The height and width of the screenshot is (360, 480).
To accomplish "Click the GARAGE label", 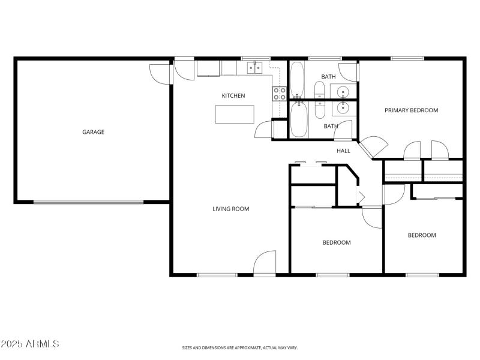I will click(x=93, y=132).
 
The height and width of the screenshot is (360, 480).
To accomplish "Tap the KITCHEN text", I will click(x=233, y=96).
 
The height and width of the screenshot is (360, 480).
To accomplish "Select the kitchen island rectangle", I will click(x=235, y=114).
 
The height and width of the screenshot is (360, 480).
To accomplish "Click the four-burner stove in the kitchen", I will click(x=279, y=93).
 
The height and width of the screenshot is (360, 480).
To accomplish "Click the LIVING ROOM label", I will click(x=230, y=209).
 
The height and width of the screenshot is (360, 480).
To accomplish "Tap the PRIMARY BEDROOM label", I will click(x=411, y=110).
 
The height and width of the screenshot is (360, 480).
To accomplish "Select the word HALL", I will click(x=343, y=151).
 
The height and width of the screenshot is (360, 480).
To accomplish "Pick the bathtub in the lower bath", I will click(x=299, y=120).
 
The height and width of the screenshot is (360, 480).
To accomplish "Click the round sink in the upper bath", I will click(x=342, y=92).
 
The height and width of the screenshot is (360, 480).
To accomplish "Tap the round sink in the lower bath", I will click(x=342, y=108).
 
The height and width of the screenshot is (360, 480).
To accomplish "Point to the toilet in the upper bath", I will click(x=319, y=90).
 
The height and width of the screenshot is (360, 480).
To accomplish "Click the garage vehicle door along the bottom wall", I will click(x=88, y=202).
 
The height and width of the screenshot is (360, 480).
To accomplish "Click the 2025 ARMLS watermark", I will click(x=30, y=344).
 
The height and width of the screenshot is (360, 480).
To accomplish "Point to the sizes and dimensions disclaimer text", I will click(x=240, y=347).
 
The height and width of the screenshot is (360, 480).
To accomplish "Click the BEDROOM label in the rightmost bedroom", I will click(x=422, y=235).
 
